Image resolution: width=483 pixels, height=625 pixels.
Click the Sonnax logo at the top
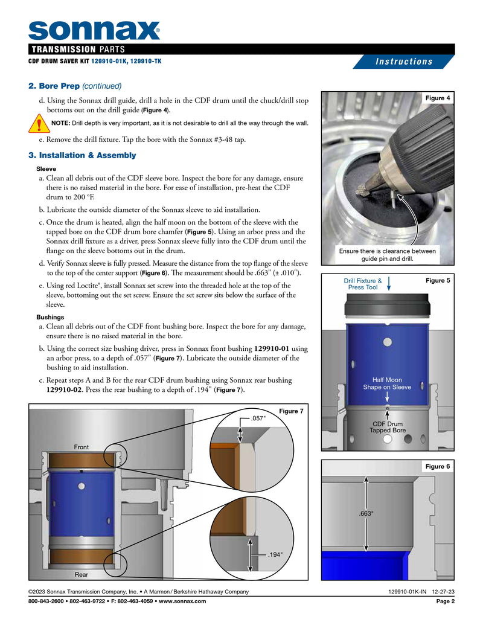[x=94, y=30]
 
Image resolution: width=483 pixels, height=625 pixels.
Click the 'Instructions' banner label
[x=404, y=62]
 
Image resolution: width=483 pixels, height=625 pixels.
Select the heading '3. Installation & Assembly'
[x=83, y=155]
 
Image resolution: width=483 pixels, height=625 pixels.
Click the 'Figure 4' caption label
[x=439, y=98]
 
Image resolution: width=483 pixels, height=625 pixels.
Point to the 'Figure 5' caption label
[x=439, y=280]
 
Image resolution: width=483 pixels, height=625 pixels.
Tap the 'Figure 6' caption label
[x=439, y=467]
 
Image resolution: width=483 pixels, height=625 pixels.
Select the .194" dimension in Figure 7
[x=274, y=553]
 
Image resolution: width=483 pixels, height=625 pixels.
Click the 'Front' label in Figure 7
[x=82, y=447]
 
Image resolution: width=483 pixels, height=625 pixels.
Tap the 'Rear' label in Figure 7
[x=82, y=574]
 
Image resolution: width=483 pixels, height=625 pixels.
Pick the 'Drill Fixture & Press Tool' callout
[x=363, y=284]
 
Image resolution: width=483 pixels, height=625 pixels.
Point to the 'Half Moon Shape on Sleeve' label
[x=387, y=383]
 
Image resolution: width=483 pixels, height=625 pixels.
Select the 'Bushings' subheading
[x=51, y=317]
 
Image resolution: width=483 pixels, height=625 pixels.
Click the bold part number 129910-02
[x=66, y=390]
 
